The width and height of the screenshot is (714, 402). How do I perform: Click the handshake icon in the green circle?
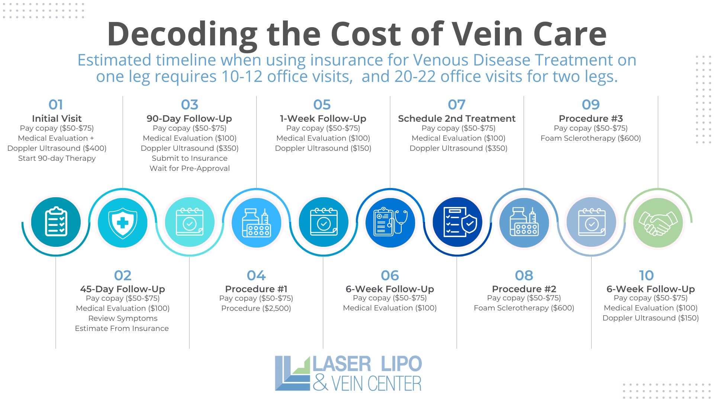click(x=658, y=223)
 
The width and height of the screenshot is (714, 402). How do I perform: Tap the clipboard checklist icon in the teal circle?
click(x=56, y=222)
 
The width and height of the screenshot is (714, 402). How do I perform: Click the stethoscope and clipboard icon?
click(x=390, y=222)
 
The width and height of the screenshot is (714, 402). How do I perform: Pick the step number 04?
click(x=256, y=275)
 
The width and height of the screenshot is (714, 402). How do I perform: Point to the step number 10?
click(x=646, y=275)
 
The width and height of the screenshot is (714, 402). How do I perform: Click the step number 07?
click(x=457, y=105)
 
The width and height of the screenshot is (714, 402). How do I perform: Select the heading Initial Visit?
click(x=57, y=118)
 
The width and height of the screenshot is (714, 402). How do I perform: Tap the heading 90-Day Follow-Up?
click(x=189, y=118)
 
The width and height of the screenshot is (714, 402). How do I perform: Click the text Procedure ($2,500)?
click(x=256, y=308)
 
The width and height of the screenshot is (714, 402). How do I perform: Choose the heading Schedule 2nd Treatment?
click(x=457, y=118)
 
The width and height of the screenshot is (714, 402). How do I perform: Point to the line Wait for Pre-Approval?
click(x=190, y=168)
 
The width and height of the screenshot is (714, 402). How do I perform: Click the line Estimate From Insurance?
click(x=122, y=328)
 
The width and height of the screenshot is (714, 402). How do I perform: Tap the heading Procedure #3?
click(x=591, y=118)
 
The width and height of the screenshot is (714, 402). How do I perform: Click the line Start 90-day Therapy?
click(x=57, y=158)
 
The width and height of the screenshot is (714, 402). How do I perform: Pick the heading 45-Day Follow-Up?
click(x=122, y=289)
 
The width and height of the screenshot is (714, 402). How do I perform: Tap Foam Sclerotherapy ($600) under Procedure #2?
click(x=524, y=308)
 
